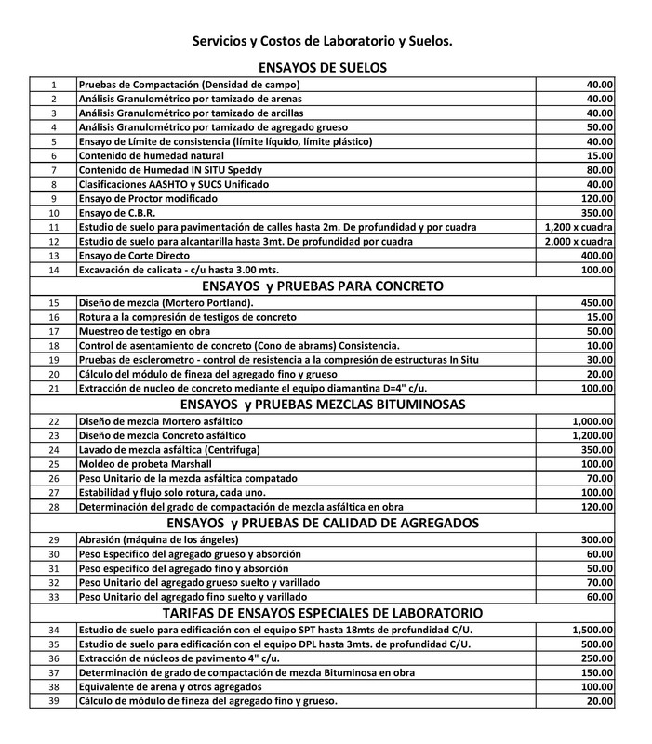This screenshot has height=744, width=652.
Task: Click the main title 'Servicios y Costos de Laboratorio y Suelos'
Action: [x=322, y=42]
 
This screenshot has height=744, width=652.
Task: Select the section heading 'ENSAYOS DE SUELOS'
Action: [x=321, y=67]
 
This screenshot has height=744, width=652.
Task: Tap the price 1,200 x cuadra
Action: [x=579, y=227]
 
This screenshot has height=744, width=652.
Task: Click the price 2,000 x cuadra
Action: [x=579, y=241]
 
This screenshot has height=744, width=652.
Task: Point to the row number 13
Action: [x=54, y=255]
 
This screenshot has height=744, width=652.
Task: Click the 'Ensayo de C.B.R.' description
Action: [x=122, y=213]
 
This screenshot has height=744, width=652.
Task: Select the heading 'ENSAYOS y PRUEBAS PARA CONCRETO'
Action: [x=321, y=286]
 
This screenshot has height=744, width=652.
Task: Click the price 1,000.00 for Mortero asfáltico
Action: [x=592, y=421]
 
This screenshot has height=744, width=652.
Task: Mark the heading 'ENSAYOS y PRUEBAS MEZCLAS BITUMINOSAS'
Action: [x=321, y=404]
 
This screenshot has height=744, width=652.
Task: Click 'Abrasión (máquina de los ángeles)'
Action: [x=167, y=539]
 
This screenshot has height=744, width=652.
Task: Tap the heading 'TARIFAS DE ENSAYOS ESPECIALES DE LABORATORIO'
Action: [x=321, y=613]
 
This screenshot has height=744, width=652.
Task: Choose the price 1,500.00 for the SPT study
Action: [x=592, y=630]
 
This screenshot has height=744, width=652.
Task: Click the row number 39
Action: [x=54, y=699]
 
